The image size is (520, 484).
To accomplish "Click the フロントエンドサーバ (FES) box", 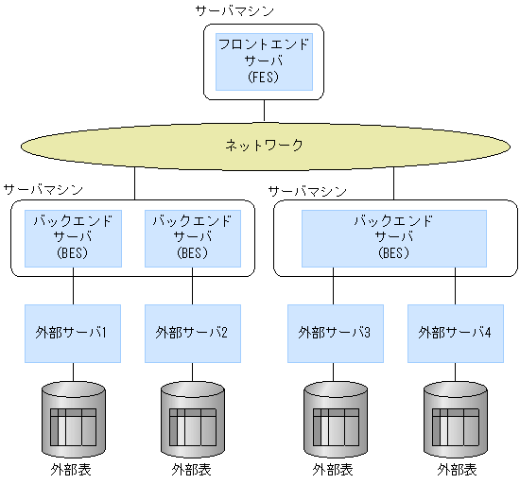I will [x=264, y=60].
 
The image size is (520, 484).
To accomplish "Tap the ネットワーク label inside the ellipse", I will [x=264, y=146].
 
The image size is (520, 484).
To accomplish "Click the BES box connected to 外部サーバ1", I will [x=74, y=238].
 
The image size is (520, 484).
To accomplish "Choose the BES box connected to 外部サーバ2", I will [x=193, y=238].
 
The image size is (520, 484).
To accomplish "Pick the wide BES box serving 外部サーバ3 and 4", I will [x=393, y=238].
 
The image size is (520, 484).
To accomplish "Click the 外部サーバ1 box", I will [x=74, y=333].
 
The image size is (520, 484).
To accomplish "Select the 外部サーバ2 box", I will [x=193, y=333].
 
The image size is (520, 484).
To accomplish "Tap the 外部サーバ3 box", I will [x=335, y=333].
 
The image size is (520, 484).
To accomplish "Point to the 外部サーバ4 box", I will [x=456, y=333].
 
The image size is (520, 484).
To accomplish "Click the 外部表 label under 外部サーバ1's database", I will [x=74, y=469].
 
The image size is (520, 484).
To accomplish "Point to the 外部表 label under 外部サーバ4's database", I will [x=456, y=469].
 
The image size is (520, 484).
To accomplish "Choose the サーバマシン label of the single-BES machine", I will [x=307, y=191].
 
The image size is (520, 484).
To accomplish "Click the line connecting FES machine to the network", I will [x=264, y=111].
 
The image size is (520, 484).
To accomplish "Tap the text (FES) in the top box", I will [x=264, y=78].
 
